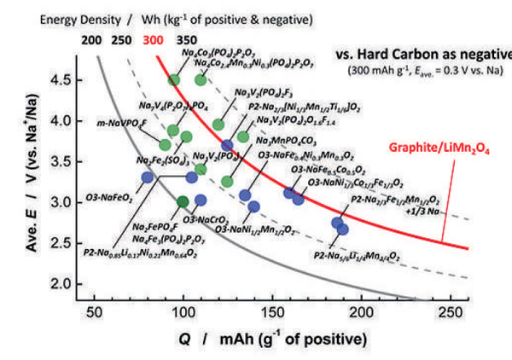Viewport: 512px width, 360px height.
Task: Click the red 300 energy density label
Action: [149, 39]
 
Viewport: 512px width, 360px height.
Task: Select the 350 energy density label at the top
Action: [185, 39]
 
